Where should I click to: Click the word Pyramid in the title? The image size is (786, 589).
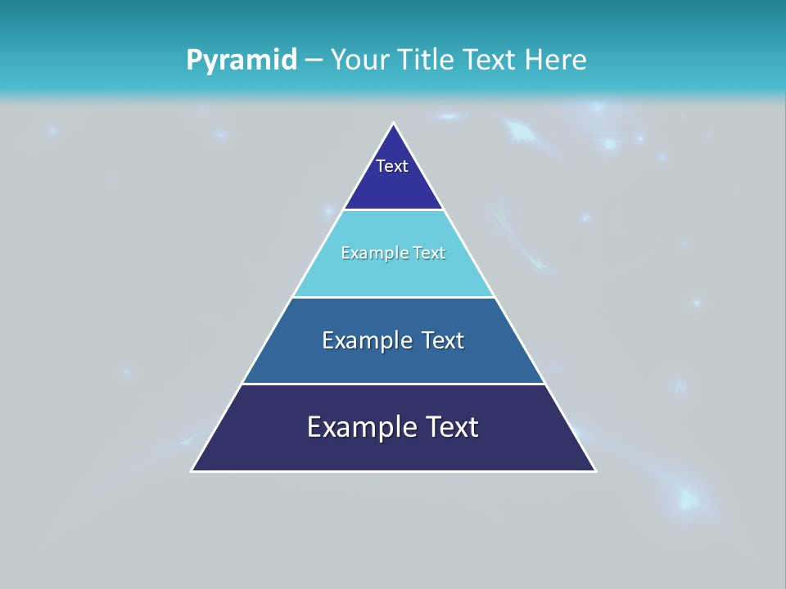[242, 60]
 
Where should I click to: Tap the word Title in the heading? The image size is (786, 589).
[431, 60]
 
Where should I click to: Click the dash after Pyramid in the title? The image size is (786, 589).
[314, 61]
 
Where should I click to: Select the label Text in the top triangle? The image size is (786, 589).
[392, 166]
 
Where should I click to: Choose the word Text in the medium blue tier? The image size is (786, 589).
[443, 340]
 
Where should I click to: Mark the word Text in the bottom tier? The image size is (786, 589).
[451, 427]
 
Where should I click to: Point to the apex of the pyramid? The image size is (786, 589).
[394, 124]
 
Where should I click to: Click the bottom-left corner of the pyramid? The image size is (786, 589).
[192, 470]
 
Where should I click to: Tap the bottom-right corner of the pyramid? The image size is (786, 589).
[595, 470]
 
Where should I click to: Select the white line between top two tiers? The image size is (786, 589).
[394, 210]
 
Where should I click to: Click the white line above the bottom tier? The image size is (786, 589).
[394, 384]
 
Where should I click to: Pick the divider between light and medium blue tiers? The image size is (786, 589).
[394, 297]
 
